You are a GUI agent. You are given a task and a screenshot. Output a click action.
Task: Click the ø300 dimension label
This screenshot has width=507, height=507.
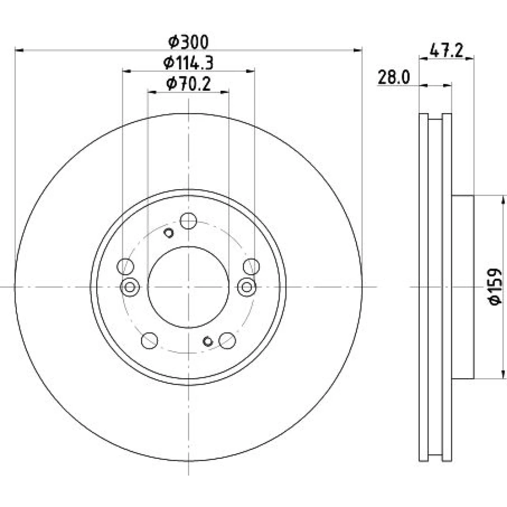(x=189, y=42)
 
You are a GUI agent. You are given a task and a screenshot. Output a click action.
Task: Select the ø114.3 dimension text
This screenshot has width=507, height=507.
(x=189, y=63)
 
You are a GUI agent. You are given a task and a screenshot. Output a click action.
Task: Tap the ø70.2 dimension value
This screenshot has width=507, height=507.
(x=189, y=84)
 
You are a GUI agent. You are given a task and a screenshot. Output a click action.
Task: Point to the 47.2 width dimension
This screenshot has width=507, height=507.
(x=447, y=51)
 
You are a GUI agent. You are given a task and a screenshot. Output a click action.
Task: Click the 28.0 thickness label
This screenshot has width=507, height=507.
(x=394, y=78)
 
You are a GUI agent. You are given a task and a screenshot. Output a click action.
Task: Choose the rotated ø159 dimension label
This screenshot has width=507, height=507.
(x=495, y=286)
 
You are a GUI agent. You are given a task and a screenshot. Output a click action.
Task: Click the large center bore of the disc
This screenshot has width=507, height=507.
(x=188, y=287)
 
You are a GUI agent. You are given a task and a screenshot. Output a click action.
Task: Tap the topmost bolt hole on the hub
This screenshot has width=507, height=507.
(x=189, y=221)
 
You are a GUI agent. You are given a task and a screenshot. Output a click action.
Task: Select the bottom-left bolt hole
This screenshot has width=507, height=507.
(x=150, y=341)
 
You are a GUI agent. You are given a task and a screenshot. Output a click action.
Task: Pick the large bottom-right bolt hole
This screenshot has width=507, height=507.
(x=227, y=341)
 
